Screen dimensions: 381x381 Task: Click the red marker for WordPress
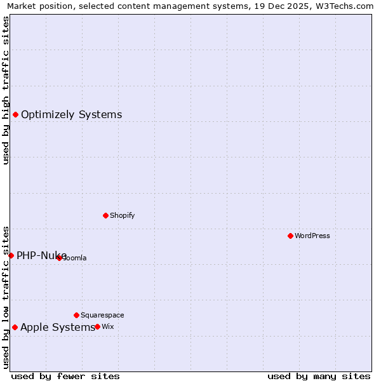[x=290, y=236]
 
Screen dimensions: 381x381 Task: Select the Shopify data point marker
[x=105, y=215]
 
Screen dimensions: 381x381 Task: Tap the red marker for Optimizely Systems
[x=15, y=114]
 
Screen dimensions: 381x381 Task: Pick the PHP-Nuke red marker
[x=11, y=255]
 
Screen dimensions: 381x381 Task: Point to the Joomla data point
[x=59, y=258]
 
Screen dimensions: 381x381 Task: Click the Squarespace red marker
[x=76, y=315]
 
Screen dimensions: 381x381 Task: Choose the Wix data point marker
[x=97, y=326]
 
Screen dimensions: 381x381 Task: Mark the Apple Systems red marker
[x=15, y=327]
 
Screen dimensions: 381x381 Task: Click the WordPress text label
[x=312, y=236]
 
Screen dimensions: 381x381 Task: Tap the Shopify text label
[x=123, y=215]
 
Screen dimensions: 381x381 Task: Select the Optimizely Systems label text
[x=71, y=114]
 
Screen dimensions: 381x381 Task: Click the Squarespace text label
[x=102, y=315]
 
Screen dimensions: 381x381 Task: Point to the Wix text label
[x=108, y=326]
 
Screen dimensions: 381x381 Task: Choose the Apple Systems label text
[x=57, y=327]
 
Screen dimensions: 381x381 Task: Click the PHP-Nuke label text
[x=41, y=255]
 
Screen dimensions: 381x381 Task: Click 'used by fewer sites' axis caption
[x=65, y=376]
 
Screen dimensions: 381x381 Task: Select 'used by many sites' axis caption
[x=319, y=376]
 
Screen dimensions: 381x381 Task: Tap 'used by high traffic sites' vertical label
[x=6, y=90]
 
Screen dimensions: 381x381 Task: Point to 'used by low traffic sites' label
[x=6, y=297]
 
